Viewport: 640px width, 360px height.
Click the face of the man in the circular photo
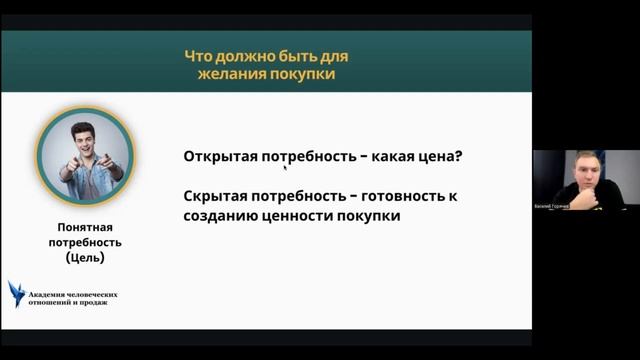coord(86,139)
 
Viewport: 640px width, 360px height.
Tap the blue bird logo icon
coord(17,293)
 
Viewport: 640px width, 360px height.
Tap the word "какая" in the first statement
coord(403,158)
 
